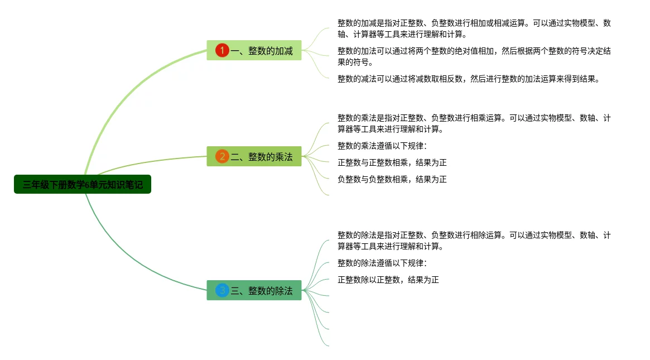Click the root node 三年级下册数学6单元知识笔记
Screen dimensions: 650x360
pyautogui.click(x=83, y=184)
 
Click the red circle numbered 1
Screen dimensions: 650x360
pyautogui.click(x=222, y=51)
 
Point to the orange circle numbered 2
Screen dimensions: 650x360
pyautogui.click(x=222, y=156)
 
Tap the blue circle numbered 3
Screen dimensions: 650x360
pyautogui.click(x=222, y=290)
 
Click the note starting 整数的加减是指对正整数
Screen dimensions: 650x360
pyautogui.click(x=474, y=28)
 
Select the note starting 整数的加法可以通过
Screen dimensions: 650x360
pyautogui.click(x=474, y=56)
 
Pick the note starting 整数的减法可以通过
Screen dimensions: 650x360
pyautogui.click(x=468, y=79)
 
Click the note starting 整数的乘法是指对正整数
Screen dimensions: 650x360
pyautogui.click(x=474, y=123)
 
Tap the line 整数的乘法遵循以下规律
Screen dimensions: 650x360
pyautogui.click(x=382, y=146)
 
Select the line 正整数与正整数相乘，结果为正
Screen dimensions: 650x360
pyautogui.click(x=392, y=162)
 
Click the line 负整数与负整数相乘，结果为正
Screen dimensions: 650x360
pyautogui.click(x=392, y=179)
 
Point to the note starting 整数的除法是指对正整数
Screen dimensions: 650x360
pyautogui.click(x=474, y=241)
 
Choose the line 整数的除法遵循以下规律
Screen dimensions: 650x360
pyautogui.click(x=382, y=263)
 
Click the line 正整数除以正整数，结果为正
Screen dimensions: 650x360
pyautogui.click(x=388, y=280)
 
